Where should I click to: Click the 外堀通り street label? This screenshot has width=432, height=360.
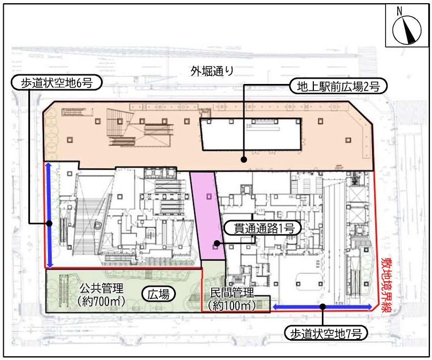tap(212, 71)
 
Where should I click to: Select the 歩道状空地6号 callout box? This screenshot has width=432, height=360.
tap(57, 83)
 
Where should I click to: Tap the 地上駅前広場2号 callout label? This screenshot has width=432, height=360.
tap(338, 87)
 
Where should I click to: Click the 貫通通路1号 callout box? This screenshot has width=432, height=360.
tap(264, 228)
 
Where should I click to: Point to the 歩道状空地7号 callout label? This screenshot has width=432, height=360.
tap(326, 334)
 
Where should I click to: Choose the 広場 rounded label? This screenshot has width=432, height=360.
tap(158, 294)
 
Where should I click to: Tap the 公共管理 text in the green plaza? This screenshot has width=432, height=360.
tap(102, 288)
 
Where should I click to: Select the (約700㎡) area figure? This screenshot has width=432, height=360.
tap(102, 301)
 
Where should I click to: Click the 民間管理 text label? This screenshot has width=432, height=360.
tap(232, 293)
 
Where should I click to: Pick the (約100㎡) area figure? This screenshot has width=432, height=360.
tap(232, 305)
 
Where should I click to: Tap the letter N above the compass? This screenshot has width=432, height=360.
tap(399, 11)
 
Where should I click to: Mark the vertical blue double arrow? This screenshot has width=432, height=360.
tap(49, 215)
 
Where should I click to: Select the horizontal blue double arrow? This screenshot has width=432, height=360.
tap(322, 307)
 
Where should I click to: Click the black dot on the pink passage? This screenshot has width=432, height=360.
tap(217, 243)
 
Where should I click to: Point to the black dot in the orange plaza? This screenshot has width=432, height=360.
tap(244, 159)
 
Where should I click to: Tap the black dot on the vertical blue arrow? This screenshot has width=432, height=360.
tap(49, 223)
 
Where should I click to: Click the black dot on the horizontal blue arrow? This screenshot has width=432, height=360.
tap(323, 307)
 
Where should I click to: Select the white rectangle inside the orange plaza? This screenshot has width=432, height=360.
tap(251, 134)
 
